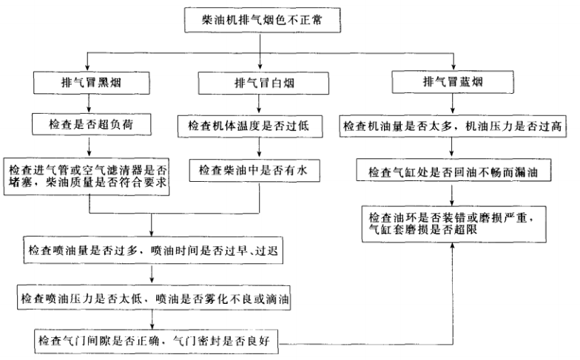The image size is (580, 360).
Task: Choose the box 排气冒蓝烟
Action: click(x=453, y=82)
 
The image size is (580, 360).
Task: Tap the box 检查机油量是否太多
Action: click(x=453, y=126)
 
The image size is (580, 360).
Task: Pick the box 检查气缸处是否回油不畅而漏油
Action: click(x=453, y=171)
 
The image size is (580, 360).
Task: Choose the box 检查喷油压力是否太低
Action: click(x=152, y=299)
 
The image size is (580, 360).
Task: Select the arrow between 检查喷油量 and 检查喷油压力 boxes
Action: click(x=152, y=274)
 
